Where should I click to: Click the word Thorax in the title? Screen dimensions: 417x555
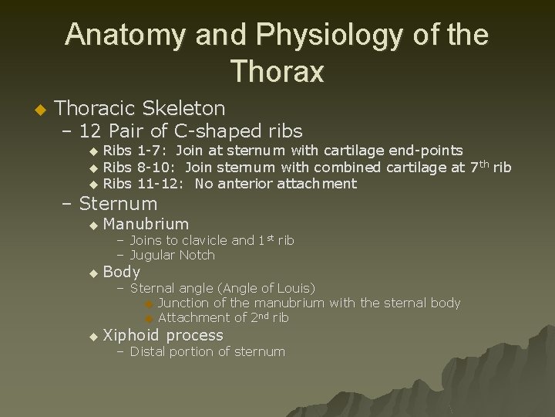tap(277, 72)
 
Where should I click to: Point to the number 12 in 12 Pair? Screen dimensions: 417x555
tap(92, 131)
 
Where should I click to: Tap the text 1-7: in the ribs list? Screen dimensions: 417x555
tap(153, 150)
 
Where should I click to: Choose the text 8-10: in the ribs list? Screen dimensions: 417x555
tap(156, 167)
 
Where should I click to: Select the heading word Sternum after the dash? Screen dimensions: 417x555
tap(118, 204)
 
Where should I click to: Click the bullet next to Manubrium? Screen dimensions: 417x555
tap(94, 225)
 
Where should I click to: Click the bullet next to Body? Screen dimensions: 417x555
tap(94, 273)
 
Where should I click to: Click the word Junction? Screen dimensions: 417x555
tap(185, 303)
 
